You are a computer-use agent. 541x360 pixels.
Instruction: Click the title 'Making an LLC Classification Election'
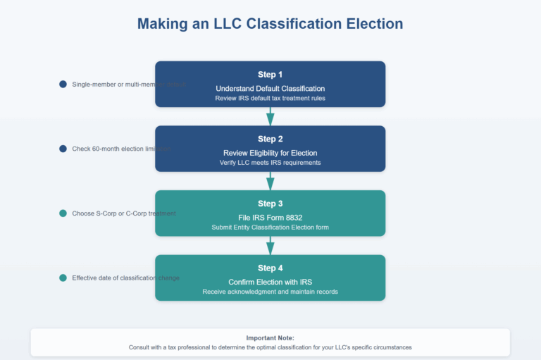click(270, 23)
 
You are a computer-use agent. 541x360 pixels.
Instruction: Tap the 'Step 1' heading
click(270, 74)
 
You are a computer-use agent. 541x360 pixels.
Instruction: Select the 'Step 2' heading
click(270, 139)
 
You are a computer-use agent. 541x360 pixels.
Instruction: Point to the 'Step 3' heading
click(270, 204)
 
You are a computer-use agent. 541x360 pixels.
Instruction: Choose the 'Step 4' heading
click(270, 268)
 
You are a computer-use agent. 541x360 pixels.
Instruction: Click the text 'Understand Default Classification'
click(270, 89)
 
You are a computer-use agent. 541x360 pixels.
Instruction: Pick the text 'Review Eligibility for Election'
click(270, 153)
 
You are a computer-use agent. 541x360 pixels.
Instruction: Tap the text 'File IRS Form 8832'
click(270, 218)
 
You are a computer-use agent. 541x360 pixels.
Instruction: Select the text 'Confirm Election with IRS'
click(270, 282)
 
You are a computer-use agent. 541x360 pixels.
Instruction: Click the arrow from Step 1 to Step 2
click(270, 117)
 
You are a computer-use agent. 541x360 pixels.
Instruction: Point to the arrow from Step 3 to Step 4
click(270, 246)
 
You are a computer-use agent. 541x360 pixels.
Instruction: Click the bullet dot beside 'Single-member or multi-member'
click(63, 85)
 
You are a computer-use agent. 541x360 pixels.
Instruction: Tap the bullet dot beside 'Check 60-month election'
click(63, 149)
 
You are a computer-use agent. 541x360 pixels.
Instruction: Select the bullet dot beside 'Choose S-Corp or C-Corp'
click(63, 213)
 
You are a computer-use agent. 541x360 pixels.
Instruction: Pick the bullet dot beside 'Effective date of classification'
click(63, 278)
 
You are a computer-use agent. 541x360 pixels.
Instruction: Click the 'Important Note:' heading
click(270, 337)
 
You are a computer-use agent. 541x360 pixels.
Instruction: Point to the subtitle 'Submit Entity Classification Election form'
click(270, 228)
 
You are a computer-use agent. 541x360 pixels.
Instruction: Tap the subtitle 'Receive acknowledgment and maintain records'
click(270, 292)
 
